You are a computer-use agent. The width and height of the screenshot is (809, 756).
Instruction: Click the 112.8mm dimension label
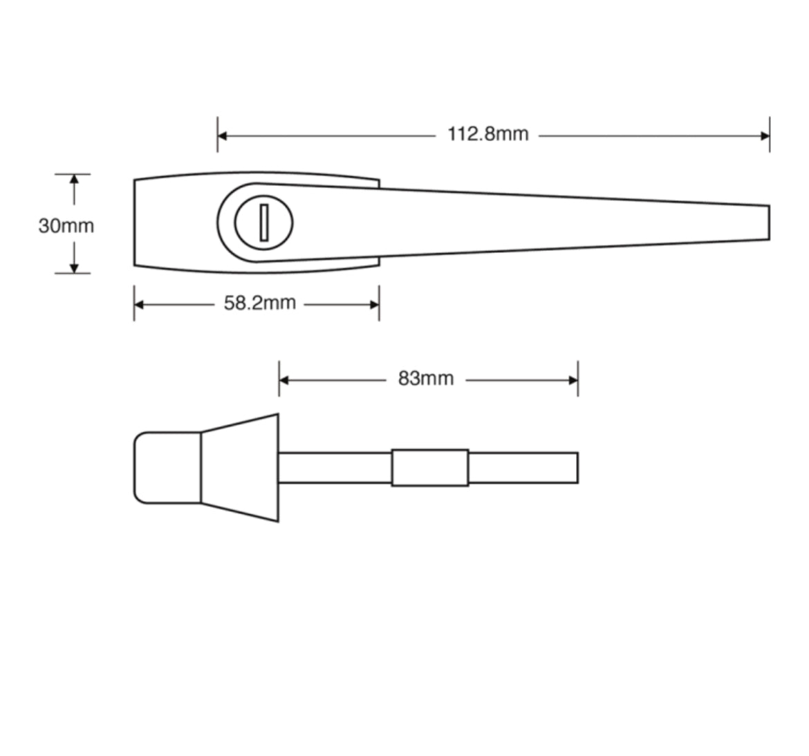pyautogui.click(x=487, y=134)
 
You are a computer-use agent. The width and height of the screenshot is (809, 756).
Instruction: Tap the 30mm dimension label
pyautogui.click(x=66, y=226)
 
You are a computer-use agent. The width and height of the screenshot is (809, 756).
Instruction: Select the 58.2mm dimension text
pyautogui.click(x=259, y=303)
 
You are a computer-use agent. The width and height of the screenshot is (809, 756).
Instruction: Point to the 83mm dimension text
pyautogui.click(x=426, y=379)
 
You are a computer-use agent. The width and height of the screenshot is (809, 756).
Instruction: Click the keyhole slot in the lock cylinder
pyautogui.click(x=263, y=223)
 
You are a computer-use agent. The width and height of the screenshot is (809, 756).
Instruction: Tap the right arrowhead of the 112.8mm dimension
pyautogui.click(x=765, y=135)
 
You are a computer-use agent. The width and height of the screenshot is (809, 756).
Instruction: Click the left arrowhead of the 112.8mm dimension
pyautogui.click(x=223, y=135)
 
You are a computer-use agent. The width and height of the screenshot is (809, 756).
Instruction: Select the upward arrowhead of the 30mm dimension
pyautogui.click(x=74, y=180)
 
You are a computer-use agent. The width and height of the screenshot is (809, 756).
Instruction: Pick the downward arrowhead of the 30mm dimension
pyautogui.click(x=74, y=267)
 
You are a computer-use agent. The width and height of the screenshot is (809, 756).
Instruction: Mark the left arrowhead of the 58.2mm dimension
pyautogui.click(x=139, y=305)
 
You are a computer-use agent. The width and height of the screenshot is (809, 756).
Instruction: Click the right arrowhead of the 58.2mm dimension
pyautogui.click(x=374, y=305)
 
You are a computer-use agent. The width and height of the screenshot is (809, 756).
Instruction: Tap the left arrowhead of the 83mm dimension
pyautogui.click(x=284, y=380)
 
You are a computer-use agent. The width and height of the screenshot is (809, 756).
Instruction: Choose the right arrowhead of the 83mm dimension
pyautogui.click(x=573, y=380)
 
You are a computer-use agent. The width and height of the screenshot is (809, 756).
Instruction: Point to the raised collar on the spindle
pyautogui.click(x=429, y=467)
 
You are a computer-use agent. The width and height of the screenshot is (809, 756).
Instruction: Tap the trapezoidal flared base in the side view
pyautogui.click(x=240, y=468)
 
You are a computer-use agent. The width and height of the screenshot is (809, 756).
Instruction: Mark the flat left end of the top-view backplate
pyautogui.click(x=136, y=223)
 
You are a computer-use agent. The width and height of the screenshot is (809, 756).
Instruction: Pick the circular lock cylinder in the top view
pyautogui.click(x=263, y=223)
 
